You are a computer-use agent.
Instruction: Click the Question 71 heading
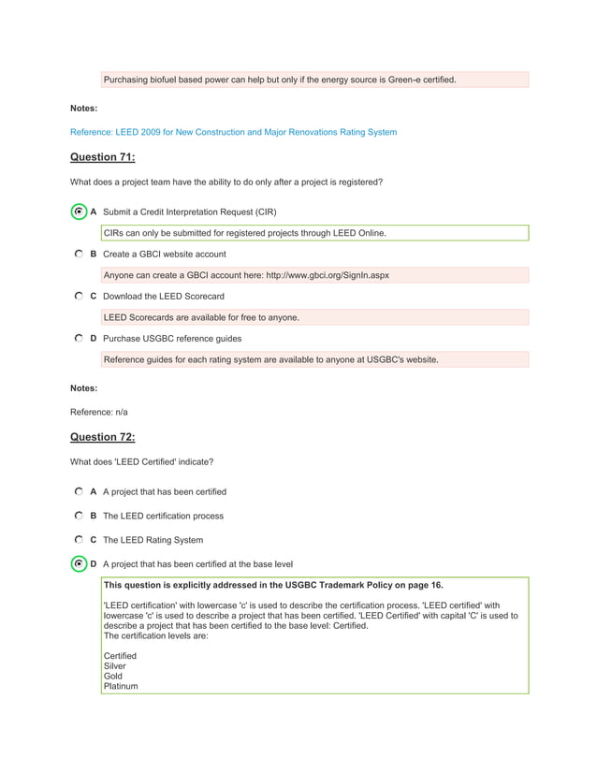click(103, 157)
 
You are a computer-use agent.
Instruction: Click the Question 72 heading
click(103, 437)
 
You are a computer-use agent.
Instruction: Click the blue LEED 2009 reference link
click(233, 132)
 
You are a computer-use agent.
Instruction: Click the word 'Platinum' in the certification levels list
click(121, 686)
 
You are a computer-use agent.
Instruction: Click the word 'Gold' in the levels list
click(112, 676)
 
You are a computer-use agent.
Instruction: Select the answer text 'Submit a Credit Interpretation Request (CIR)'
click(189, 212)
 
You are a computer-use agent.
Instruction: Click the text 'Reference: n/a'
click(99, 412)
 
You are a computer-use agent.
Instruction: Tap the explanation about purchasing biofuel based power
click(280, 80)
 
